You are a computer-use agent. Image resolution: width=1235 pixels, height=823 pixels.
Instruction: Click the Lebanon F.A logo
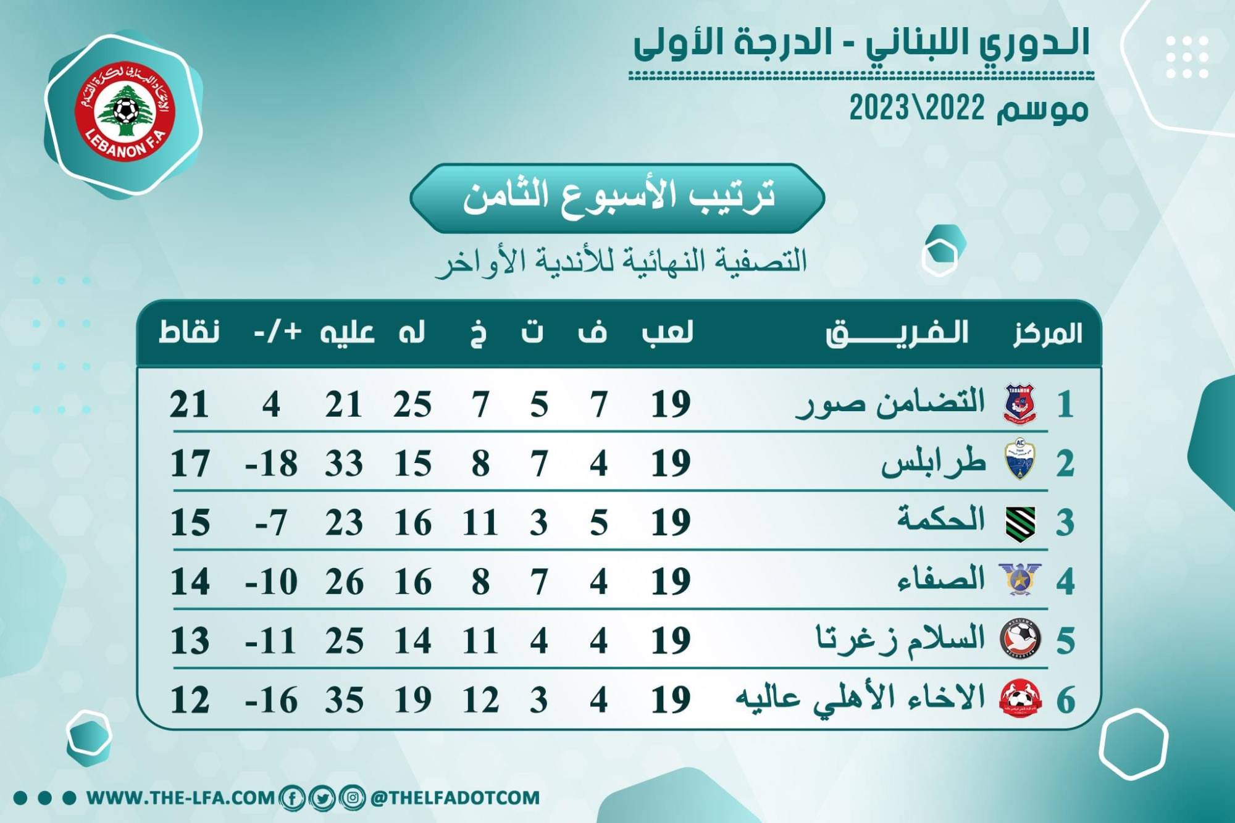coord(125,111)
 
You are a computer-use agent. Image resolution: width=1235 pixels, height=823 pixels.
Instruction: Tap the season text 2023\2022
coord(916,109)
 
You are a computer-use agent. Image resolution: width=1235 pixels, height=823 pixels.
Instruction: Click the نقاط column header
coord(189,332)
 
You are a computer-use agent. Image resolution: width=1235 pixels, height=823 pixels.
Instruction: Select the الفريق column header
coord(897,333)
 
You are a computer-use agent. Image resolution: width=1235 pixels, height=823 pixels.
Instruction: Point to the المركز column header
coord(1047,333)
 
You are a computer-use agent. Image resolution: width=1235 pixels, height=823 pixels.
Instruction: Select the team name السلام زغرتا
coord(900,639)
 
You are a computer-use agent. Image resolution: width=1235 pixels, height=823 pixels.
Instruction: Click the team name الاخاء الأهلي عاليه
coord(860,698)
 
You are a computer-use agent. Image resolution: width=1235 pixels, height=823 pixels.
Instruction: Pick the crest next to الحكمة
coord(1020,523)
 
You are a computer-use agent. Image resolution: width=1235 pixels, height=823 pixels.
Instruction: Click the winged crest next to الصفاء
coord(1019,580)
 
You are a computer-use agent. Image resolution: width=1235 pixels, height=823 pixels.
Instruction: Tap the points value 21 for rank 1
coord(189,405)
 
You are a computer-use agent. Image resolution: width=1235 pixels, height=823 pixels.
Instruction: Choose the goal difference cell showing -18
coord(271,464)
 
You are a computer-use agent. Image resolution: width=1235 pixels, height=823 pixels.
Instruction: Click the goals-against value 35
coord(345,700)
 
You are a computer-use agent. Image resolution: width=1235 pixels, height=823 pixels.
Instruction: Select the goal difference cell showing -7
coord(271,523)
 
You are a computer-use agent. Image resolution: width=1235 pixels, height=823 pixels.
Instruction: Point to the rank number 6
coord(1066,700)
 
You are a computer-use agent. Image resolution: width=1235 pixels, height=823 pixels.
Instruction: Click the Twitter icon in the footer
coord(322,798)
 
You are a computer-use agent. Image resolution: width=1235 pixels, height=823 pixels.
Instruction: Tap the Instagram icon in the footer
coord(352,798)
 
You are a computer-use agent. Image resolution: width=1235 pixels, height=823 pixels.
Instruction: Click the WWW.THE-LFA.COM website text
coord(180,798)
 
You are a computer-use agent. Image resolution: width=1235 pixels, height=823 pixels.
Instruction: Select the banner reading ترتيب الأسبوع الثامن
coord(617,198)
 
